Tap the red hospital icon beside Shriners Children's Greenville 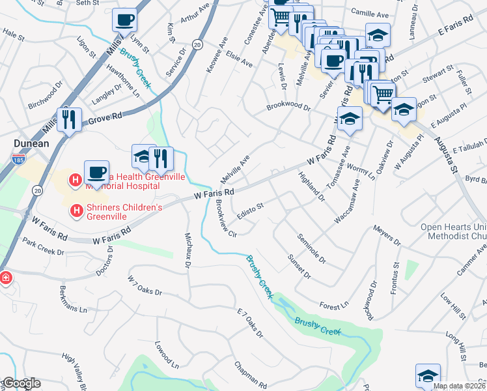point(76,210)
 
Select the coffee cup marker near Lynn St point(124,20)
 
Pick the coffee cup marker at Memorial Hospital point(96,173)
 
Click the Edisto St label point(250,210)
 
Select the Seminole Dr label point(311,248)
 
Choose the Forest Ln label point(335,305)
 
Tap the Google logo point(21,383)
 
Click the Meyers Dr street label point(386,233)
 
